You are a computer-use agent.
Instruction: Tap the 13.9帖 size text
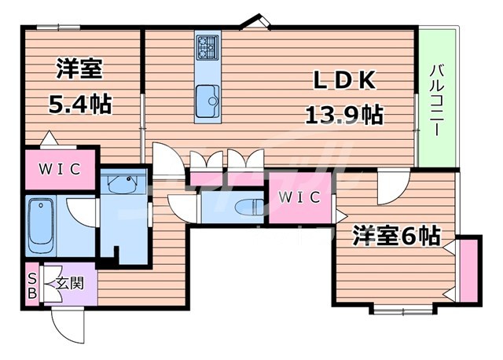(x=343, y=115)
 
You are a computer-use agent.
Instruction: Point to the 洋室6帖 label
(x=395, y=234)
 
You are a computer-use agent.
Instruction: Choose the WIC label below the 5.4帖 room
(x=58, y=168)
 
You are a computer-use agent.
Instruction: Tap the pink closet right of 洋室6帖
(x=469, y=270)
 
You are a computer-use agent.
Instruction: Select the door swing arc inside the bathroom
(x=82, y=212)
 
